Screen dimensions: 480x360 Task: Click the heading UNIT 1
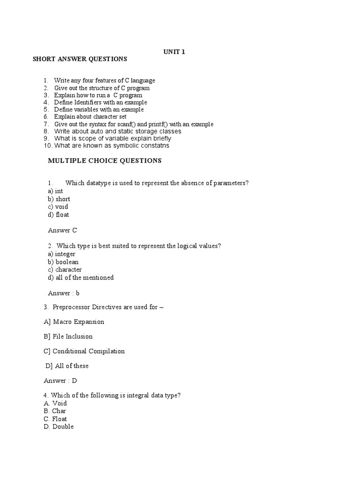tap(174, 52)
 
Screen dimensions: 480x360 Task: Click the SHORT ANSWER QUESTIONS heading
tap(80, 59)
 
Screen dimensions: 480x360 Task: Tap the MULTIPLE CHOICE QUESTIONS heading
tap(105, 161)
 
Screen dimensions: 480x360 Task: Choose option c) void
tap(58, 207)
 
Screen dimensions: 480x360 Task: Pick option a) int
tap(55, 191)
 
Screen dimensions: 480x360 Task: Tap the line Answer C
tap(62, 230)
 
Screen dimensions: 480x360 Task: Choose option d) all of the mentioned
tap(81, 277)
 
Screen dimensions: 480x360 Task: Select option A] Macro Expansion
tap(74, 322)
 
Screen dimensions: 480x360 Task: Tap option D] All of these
tap(67, 366)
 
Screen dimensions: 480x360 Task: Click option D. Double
tap(59, 427)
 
